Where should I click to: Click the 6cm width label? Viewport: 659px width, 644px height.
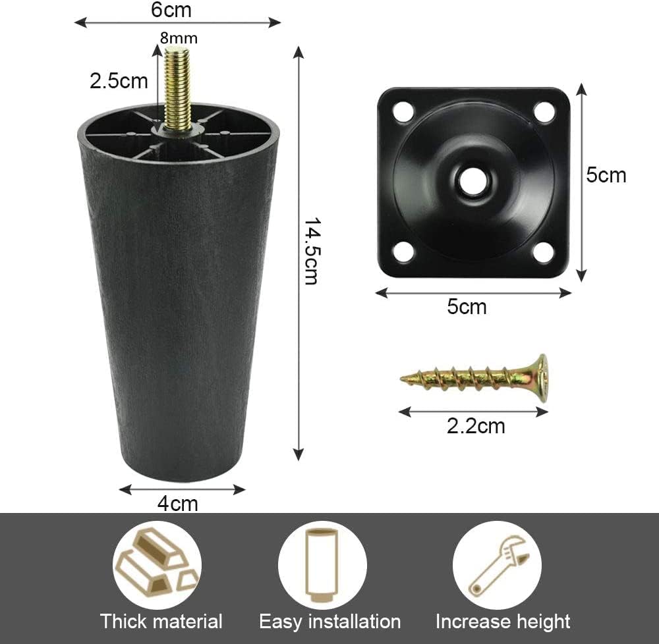coord(171,10)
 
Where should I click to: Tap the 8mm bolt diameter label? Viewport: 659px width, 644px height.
coord(179,38)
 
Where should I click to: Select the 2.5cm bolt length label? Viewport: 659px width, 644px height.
coord(119,81)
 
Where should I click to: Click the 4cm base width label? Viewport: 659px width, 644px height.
coord(177,503)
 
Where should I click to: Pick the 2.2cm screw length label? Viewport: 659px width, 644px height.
coord(476,426)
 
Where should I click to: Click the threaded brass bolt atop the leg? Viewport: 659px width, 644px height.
coord(177,88)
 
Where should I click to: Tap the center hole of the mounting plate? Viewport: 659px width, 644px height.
coord(474,181)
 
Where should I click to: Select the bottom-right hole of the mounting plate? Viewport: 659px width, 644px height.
coord(544,252)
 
